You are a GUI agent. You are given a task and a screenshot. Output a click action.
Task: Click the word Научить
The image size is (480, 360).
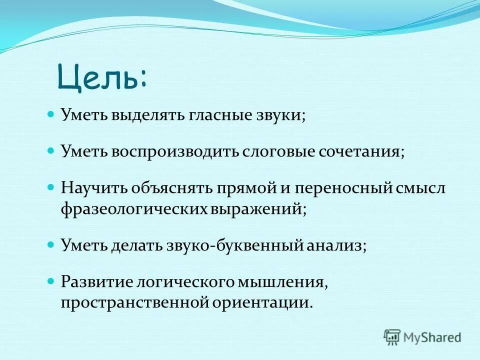[x=93, y=188]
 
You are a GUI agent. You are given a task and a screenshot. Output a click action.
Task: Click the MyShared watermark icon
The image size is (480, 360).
[x=392, y=336]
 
